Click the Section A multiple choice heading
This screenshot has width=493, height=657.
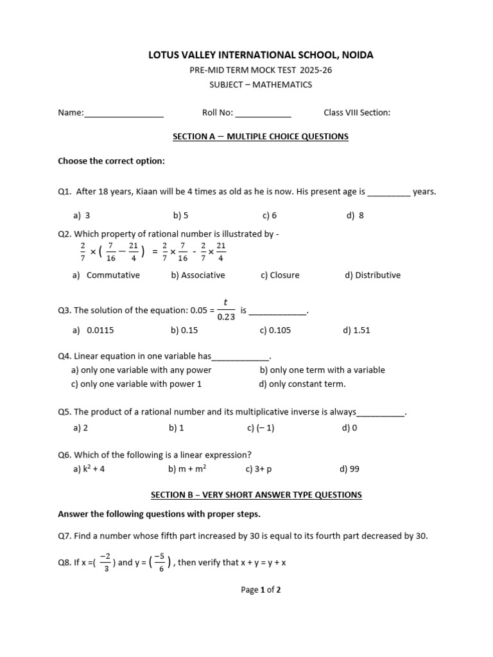[x=261, y=137]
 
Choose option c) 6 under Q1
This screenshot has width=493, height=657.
[x=270, y=216]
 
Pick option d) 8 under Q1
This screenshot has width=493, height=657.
[x=355, y=216]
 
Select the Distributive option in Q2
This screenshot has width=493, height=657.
[x=372, y=275]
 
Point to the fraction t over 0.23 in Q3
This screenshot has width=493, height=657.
[x=225, y=309]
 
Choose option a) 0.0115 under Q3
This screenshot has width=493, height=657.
[x=94, y=330]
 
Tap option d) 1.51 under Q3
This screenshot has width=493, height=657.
[x=357, y=330]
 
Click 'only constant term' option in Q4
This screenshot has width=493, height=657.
[x=302, y=384]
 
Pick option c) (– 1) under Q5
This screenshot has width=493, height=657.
[x=261, y=428]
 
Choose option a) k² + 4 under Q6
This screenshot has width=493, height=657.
[x=89, y=469]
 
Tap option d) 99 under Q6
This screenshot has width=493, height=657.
[x=350, y=469]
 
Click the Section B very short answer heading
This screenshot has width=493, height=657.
[x=256, y=495]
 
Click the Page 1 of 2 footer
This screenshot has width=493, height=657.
[x=261, y=590]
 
